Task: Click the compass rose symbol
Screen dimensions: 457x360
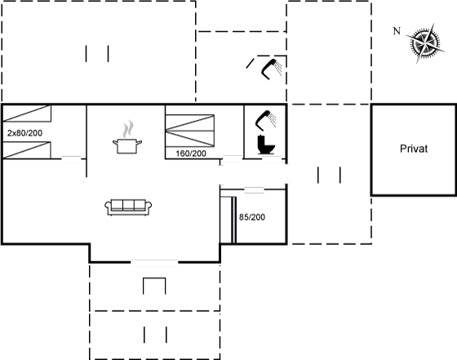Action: click(425, 43)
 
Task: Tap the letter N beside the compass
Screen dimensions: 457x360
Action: click(397, 31)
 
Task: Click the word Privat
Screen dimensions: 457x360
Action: click(414, 149)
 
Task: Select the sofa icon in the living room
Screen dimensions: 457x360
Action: click(128, 207)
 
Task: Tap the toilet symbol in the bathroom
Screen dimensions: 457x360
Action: click(266, 144)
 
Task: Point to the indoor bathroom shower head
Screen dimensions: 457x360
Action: click(265, 119)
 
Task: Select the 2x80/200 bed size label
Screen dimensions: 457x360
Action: click(24, 133)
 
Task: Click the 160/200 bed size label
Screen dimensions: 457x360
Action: click(191, 153)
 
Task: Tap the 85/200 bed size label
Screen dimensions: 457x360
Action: click(252, 217)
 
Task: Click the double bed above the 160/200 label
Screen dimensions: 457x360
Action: click(190, 131)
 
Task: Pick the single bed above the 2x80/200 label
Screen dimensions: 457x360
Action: click(27, 113)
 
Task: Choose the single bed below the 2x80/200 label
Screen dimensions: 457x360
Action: click(27, 150)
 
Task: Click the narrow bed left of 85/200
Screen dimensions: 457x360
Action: click(228, 220)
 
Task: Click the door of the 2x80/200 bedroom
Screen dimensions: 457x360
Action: click(71, 159)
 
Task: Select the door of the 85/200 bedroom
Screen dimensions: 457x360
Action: click(254, 189)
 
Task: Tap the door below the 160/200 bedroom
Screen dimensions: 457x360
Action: click(232, 159)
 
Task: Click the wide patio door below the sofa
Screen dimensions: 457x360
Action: click(154, 263)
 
